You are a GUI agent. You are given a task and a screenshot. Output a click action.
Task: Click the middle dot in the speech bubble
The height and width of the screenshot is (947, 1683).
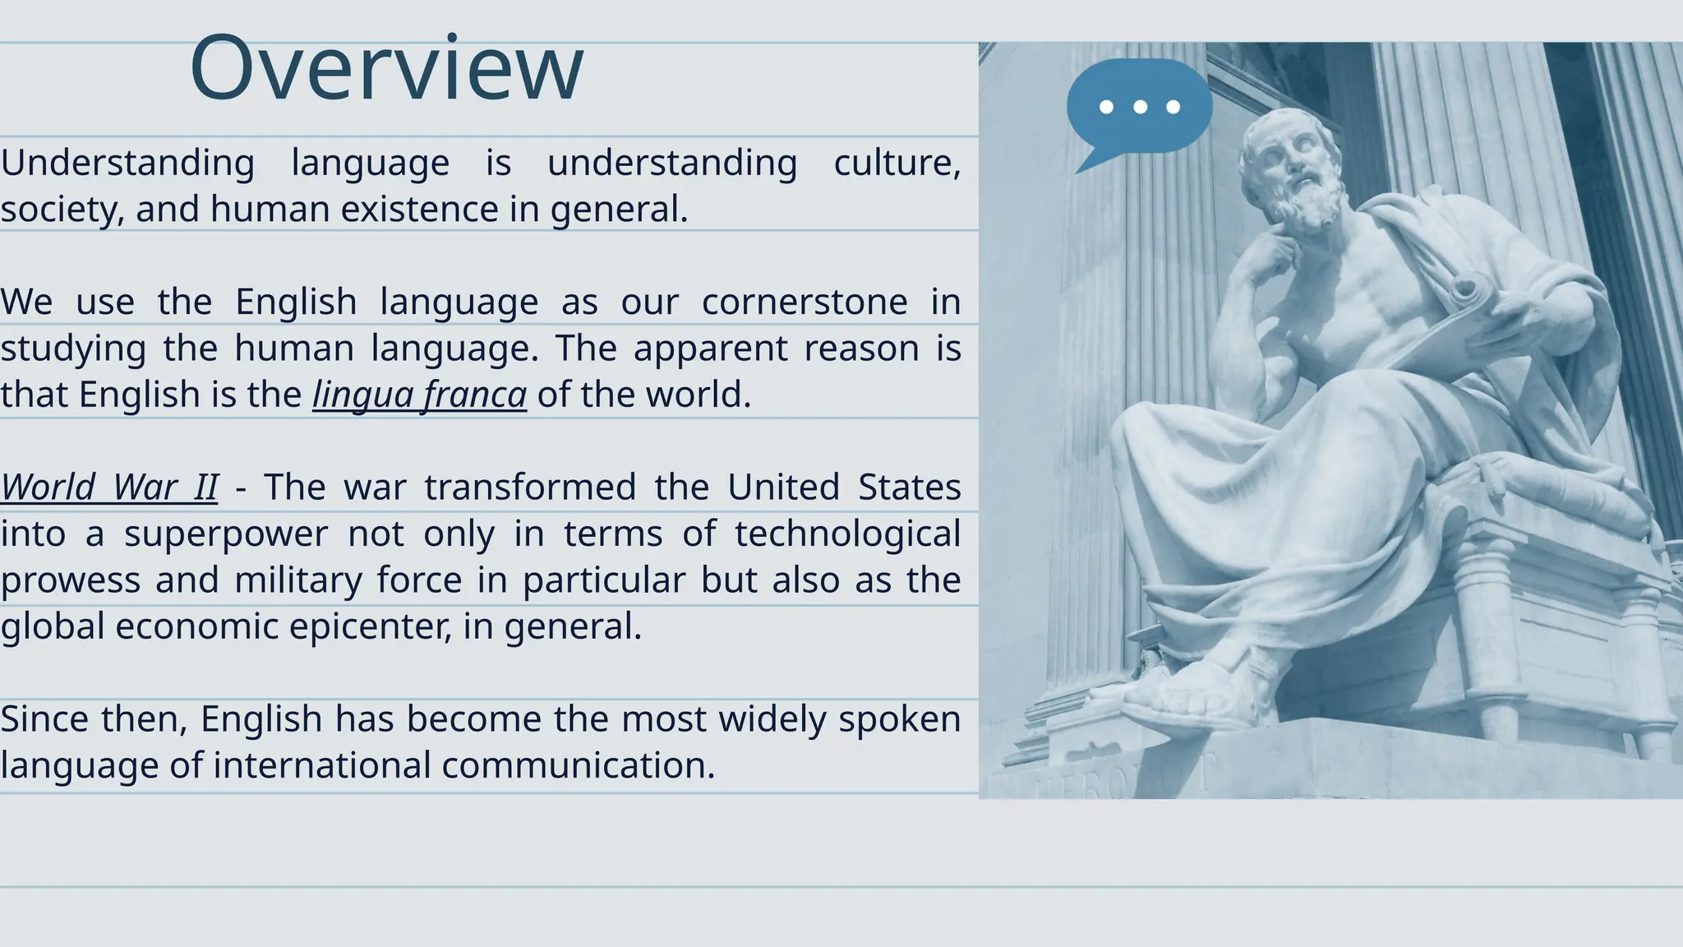[1140, 107]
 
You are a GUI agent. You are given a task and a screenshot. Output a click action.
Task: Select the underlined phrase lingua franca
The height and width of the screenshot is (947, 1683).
[419, 395]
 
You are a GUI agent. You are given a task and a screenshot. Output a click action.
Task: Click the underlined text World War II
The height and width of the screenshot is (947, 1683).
[109, 487]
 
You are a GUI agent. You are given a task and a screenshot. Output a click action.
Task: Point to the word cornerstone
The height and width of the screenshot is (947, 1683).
[805, 302]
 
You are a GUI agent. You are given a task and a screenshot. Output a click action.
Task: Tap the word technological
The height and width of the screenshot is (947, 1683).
[847, 534]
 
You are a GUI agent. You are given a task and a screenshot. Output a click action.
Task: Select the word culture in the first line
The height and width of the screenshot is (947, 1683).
[897, 163]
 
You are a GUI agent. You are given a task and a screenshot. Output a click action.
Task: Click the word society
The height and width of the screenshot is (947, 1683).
[62, 209]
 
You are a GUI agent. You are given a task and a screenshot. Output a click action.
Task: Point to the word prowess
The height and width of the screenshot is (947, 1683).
[69, 580]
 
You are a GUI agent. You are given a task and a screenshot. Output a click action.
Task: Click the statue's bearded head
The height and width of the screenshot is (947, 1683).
[1294, 169]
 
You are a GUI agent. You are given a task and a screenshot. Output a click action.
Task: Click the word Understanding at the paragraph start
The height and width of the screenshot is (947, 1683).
[127, 163]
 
